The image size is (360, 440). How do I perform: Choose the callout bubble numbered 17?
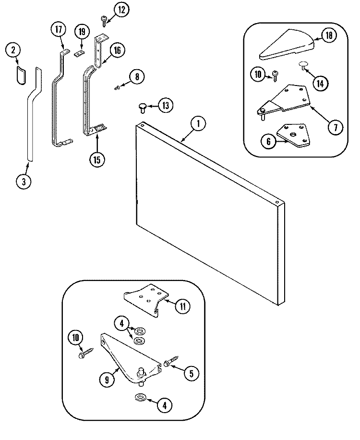[58, 30]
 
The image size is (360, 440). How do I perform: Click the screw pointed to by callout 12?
[104, 19]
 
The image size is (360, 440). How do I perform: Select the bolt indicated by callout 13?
[142, 106]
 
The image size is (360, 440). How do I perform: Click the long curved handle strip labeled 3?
[32, 115]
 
